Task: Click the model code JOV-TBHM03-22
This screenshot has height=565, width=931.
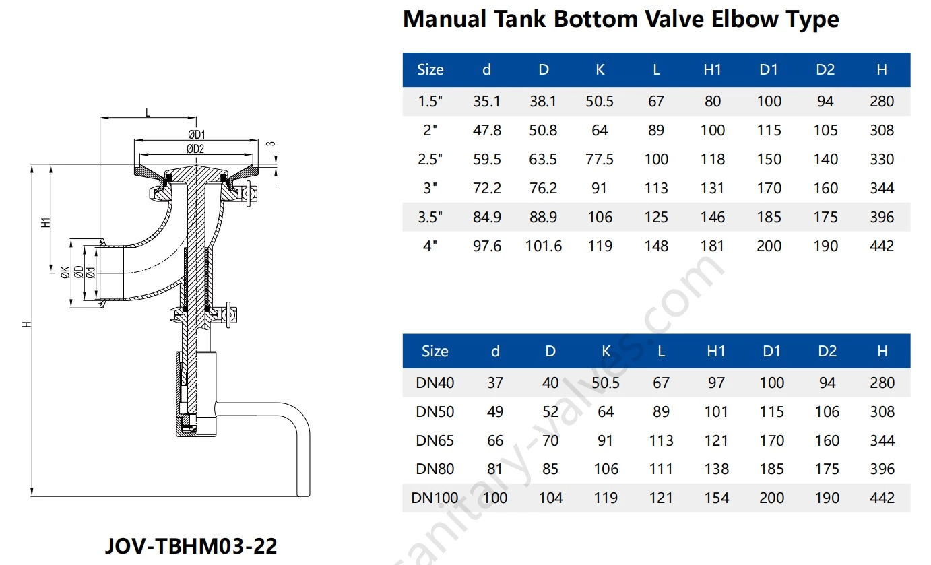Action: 191,545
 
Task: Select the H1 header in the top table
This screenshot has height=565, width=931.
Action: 712,69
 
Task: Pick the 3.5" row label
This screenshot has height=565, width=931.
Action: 430,217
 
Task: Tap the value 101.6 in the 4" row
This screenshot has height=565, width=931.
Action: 543,246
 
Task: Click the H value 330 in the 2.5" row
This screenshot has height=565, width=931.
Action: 881,159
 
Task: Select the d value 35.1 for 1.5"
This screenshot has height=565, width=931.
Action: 486,101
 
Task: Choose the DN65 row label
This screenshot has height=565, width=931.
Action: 435,440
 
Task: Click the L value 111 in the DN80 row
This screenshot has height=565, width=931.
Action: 661,469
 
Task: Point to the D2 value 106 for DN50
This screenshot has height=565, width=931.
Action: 827,411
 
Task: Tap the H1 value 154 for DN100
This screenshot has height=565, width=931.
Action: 716,498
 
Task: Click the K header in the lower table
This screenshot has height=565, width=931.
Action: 606,351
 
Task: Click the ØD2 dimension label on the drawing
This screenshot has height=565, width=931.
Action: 196,149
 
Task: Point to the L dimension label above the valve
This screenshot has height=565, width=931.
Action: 148,112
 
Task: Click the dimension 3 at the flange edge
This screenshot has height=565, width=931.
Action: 270,143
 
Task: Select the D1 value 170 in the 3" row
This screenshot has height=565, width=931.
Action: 769,188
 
